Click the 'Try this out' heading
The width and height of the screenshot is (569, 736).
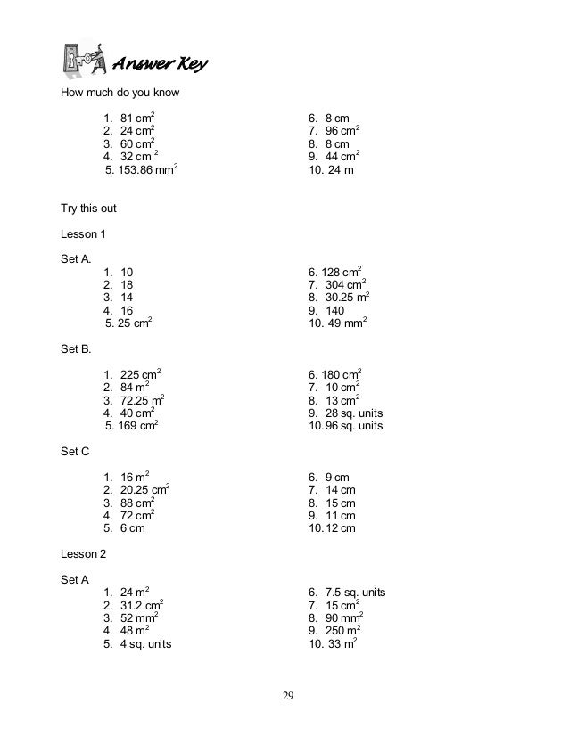[x=88, y=209]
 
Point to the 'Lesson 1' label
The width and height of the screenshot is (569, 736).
[x=83, y=234]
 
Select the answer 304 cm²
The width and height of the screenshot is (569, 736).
[x=342, y=285]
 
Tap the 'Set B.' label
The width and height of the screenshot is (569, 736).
[x=76, y=349]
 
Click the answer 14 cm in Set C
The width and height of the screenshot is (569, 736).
[x=341, y=490]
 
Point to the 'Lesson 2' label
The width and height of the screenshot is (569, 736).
[x=83, y=553]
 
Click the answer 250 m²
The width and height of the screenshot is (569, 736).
[x=342, y=631]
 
